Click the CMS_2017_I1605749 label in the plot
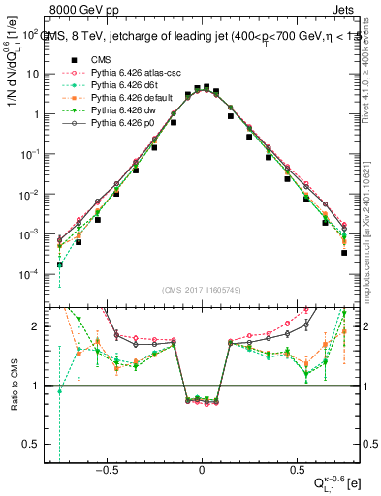[202, 290]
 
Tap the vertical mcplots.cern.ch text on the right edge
[373, 223]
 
